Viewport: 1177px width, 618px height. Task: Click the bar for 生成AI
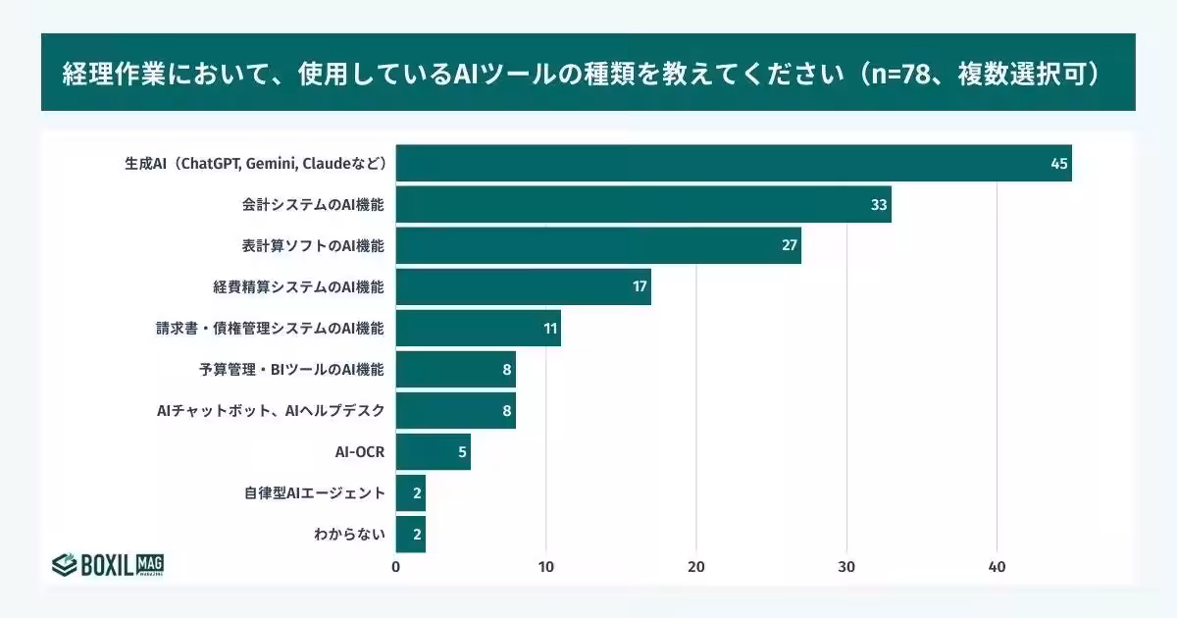733,163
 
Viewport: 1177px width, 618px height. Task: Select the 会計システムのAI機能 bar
642,204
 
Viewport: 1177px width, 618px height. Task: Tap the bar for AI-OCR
433,452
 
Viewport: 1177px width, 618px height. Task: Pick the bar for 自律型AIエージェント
410,493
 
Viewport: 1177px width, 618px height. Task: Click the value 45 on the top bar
1058,163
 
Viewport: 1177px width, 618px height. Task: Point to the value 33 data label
878,204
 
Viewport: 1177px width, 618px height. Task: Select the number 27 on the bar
789,245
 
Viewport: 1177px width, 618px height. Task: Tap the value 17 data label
639,287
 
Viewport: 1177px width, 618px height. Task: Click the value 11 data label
549,329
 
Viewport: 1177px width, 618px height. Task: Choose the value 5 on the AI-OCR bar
461,452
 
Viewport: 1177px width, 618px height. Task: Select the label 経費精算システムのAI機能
298,287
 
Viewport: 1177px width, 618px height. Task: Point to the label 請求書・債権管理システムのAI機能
267,329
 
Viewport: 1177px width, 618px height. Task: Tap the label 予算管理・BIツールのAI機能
291,370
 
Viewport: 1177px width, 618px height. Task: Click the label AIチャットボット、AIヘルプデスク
270,411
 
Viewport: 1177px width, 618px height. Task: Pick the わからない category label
349,535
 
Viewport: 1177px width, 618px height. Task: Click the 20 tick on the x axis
696,567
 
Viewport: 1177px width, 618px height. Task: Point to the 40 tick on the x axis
997,567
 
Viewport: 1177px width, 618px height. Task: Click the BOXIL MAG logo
107,564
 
